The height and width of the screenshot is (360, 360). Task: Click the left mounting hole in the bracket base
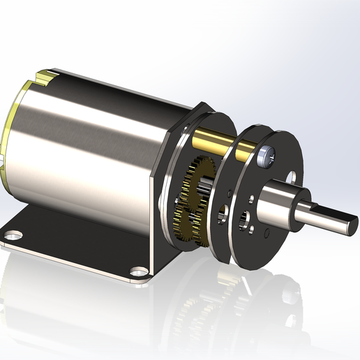click(15, 234)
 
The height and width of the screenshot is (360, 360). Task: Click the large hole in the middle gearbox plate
click(225, 211)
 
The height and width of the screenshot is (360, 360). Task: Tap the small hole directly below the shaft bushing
click(267, 232)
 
